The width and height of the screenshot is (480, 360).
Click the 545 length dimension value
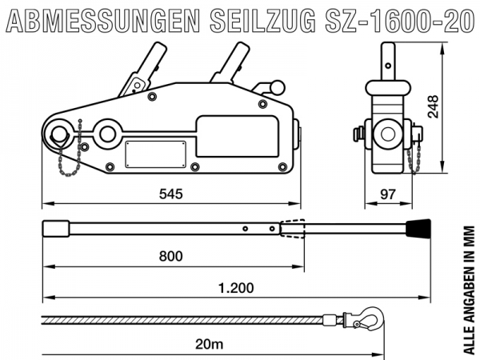(x=171, y=194)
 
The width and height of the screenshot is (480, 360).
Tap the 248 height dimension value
(x=433, y=106)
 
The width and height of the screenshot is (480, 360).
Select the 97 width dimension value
(x=388, y=194)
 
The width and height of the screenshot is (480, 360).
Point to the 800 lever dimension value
(x=171, y=256)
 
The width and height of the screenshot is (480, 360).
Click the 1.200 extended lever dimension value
(x=236, y=288)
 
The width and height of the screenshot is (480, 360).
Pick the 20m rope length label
(x=210, y=344)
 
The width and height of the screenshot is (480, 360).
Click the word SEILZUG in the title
(x=262, y=21)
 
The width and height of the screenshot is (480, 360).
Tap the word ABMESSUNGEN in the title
(x=103, y=21)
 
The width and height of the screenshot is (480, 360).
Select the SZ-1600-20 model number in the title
(x=399, y=21)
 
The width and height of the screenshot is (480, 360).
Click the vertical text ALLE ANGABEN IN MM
(x=469, y=290)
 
